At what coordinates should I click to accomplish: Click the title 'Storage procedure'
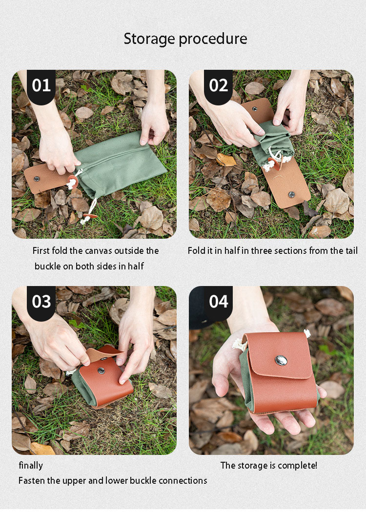point(185,39)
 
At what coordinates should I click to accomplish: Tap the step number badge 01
point(41,86)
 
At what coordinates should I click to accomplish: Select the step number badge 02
point(218,86)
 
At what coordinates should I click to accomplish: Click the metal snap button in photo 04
point(281,360)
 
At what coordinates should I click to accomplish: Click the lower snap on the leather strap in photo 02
point(291,194)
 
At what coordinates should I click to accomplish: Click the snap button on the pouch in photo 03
point(102,371)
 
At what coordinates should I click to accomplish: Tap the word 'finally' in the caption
point(31,466)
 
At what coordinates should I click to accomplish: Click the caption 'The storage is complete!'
point(268,466)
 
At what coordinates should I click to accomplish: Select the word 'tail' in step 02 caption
point(350,251)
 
